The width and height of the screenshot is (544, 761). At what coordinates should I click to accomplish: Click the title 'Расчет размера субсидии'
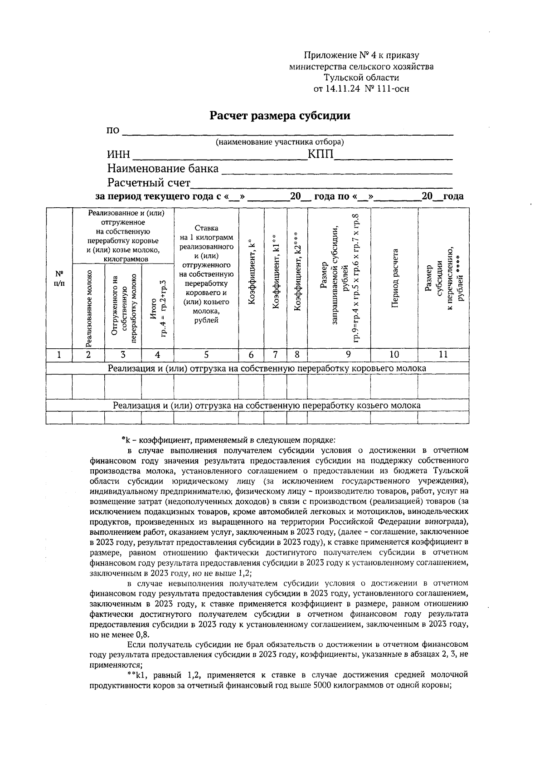point(279,116)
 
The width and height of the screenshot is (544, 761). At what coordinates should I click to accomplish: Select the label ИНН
point(118,156)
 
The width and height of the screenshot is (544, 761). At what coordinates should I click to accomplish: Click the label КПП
point(321,155)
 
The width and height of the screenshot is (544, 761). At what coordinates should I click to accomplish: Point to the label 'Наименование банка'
point(163,169)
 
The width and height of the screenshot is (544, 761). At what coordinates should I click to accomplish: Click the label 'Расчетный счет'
point(149,183)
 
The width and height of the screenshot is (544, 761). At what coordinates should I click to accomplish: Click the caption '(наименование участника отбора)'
point(280,142)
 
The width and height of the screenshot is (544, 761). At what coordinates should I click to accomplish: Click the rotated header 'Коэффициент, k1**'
point(275,272)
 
